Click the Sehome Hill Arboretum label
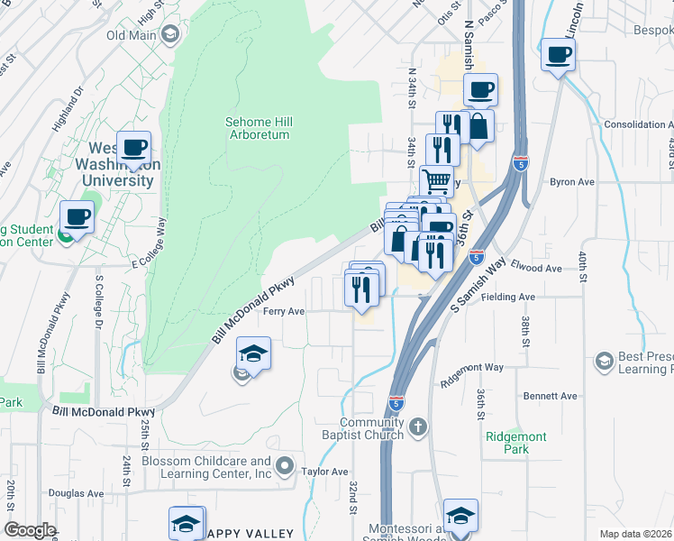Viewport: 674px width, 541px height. click(x=258, y=128)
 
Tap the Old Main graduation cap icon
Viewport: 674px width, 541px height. click(x=168, y=35)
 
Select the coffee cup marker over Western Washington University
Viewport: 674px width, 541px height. click(x=134, y=148)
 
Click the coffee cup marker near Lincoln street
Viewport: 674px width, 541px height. click(x=558, y=55)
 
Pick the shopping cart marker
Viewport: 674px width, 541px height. click(x=436, y=181)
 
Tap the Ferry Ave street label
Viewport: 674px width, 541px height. click(x=284, y=312)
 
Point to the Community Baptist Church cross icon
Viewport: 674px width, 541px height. click(x=416, y=425)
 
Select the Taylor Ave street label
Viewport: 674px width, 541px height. click(x=324, y=472)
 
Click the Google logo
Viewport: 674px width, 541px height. click(x=30, y=530)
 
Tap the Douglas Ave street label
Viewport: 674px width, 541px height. click(x=77, y=493)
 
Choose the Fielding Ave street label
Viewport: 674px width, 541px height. click(x=508, y=297)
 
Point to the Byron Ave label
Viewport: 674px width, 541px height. click(x=572, y=181)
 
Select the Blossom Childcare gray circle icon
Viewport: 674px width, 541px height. click(x=285, y=466)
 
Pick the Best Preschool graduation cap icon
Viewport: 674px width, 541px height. click(x=604, y=362)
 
